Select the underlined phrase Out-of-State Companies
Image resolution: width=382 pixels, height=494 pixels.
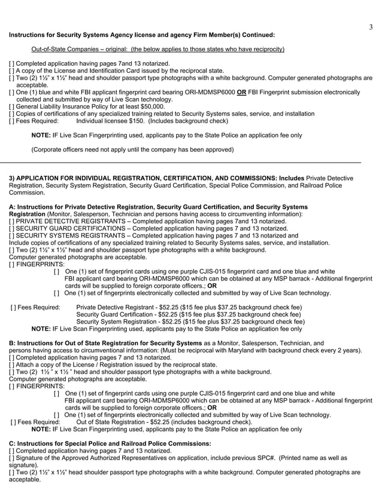click(68, 49)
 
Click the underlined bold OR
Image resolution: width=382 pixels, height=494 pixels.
click(242, 92)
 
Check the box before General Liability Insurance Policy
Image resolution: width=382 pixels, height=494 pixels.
click(11, 106)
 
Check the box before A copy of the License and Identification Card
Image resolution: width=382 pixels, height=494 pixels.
click(11, 71)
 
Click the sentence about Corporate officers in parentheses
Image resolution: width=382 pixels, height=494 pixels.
click(132, 149)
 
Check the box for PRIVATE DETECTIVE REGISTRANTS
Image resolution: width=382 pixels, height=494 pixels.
click(11, 221)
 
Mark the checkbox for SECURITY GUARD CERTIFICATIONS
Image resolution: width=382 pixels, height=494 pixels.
click(11, 228)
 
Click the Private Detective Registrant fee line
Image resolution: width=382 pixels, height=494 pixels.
click(189, 307)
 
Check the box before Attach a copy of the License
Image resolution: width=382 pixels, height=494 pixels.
click(11, 365)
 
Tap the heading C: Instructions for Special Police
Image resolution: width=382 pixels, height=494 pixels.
click(110, 443)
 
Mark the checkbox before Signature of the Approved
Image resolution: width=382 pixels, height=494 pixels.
click(11, 458)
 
